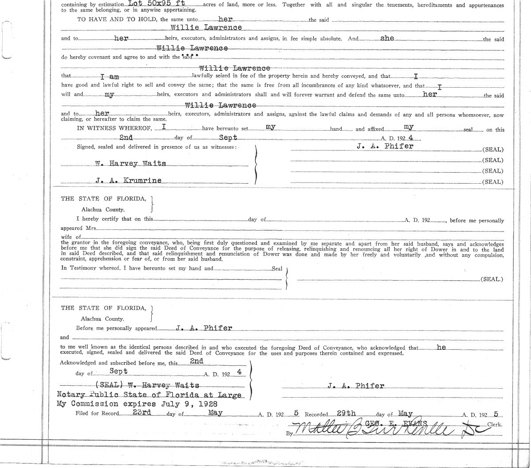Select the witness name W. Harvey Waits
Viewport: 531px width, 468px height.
[131, 163]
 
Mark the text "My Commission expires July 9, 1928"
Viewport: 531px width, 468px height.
[137, 404]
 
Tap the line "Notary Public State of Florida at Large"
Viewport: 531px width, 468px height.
[149, 395]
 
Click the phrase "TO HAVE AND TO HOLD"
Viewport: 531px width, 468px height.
[117, 19]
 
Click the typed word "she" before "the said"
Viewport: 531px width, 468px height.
[387, 38]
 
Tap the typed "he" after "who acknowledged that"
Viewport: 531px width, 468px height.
[441, 347]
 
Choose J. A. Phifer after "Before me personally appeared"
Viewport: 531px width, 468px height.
[204, 328]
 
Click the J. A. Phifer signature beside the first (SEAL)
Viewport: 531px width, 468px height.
[385, 146]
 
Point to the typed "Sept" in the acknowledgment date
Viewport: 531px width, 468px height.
[119, 371]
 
